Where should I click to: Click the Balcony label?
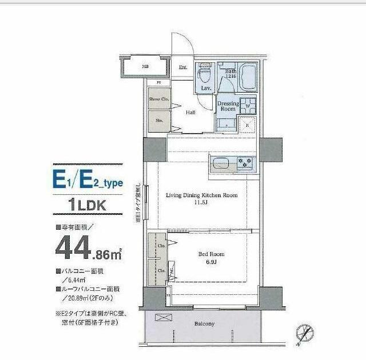click(x=204, y=324)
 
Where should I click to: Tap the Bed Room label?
click(x=212, y=254)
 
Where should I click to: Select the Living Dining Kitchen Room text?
click(x=201, y=195)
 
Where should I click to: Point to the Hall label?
click(x=190, y=113)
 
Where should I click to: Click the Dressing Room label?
click(x=228, y=106)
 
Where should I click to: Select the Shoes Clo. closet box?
click(x=158, y=99)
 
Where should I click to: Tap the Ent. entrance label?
click(x=183, y=67)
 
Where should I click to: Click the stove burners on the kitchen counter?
click(x=246, y=162)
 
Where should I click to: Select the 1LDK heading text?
click(x=87, y=204)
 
